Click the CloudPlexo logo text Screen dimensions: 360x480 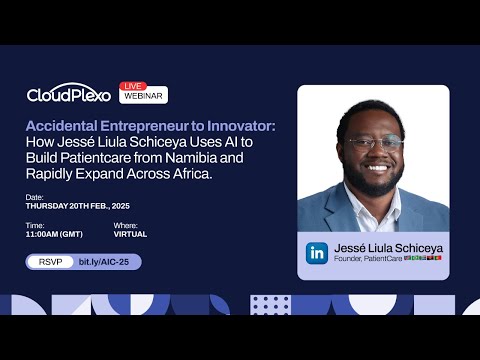(x=69, y=95)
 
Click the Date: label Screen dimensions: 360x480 (x=35, y=198)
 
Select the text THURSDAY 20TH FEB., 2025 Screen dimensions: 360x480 (x=76, y=207)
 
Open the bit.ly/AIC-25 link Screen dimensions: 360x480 (x=109, y=262)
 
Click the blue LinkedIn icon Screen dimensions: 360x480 (x=316, y=253)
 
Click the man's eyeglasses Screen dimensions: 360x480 (x=373, y=143)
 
